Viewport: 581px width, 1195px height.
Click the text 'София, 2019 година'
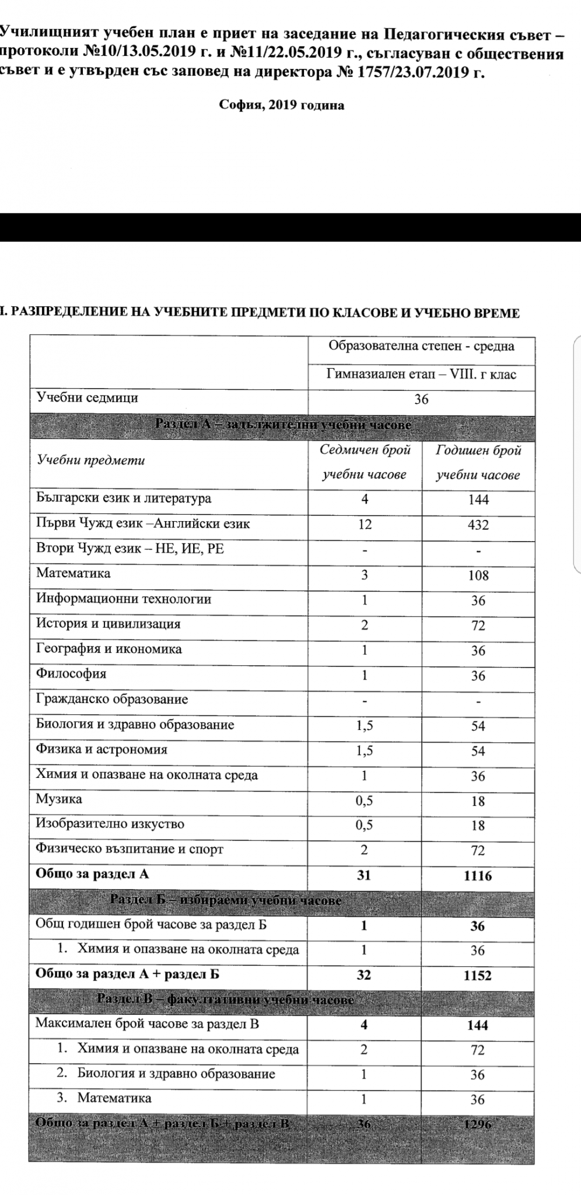tap(281, 106)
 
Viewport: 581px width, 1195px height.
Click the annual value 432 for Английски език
tap(478, 525)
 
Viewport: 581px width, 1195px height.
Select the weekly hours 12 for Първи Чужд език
tap(365, 524)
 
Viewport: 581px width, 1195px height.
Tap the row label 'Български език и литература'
tap(124, 498)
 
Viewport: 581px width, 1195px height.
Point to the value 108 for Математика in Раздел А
tap(478, 575)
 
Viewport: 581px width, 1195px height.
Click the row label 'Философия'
tap(71, 674)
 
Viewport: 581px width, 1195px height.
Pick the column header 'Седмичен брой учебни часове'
tap(365, 462)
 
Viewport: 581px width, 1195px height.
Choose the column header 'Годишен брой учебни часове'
tap(478, 462)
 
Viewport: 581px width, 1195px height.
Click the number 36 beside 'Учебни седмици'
tap(421, 399)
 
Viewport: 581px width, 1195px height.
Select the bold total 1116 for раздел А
tap(478, 875)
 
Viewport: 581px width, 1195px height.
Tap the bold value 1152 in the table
tap(478, 975)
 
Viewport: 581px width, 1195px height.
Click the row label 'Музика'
tap(59, 799)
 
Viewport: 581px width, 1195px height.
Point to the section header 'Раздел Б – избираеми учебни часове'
tap(225, 900)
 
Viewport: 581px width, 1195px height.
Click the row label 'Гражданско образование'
tap(112, 699)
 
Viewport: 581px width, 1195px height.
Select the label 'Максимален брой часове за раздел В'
tap(147, 1023)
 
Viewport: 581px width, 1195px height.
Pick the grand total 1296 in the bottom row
tap(478, 1124)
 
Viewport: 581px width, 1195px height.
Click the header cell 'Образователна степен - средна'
tap(421, 346)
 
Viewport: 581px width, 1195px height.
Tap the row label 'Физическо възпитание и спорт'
tap(129, 849)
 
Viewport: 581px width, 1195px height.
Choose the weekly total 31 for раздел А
tap(364, 875)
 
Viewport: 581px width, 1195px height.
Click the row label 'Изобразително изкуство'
tap(110, 824)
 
